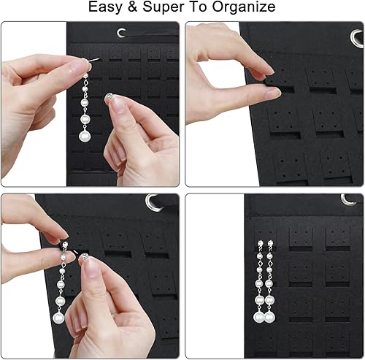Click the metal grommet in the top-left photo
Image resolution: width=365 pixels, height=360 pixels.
tap(121, 33)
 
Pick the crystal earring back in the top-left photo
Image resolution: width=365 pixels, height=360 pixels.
tap(111, 98)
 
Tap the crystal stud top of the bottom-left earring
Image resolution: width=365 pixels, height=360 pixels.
tap(64, 246)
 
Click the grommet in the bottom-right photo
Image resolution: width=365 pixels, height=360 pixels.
tap(348, 199)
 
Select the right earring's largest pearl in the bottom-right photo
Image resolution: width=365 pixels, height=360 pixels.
tap(269, 316)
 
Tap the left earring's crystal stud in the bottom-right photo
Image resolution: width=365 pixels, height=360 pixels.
tap(259, 237)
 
